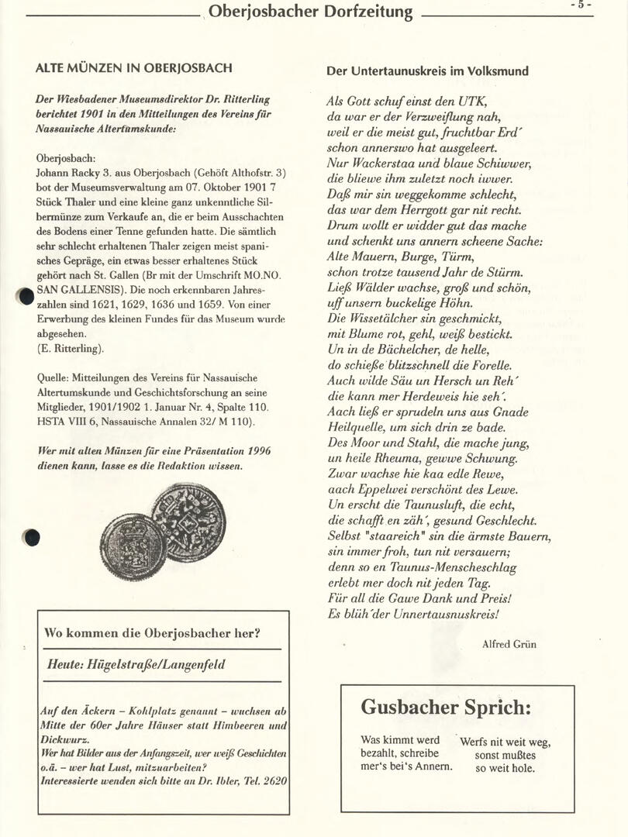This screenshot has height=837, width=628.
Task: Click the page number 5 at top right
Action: (581, 5)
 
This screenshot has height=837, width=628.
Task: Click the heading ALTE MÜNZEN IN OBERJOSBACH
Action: (133, 68)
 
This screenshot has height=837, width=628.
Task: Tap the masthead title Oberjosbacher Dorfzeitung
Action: (310, 12)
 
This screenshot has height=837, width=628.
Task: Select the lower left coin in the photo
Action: (133, 548)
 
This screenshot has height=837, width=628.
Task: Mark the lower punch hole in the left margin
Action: (31, 537)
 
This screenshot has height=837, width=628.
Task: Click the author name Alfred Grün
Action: (509, 644)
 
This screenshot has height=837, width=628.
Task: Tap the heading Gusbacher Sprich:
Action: (446, 707)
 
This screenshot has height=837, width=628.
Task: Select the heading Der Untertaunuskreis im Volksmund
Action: (427, 71)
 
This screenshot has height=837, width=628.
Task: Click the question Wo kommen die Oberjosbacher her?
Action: (152, 633)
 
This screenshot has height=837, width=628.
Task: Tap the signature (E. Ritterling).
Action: (71, 349)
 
